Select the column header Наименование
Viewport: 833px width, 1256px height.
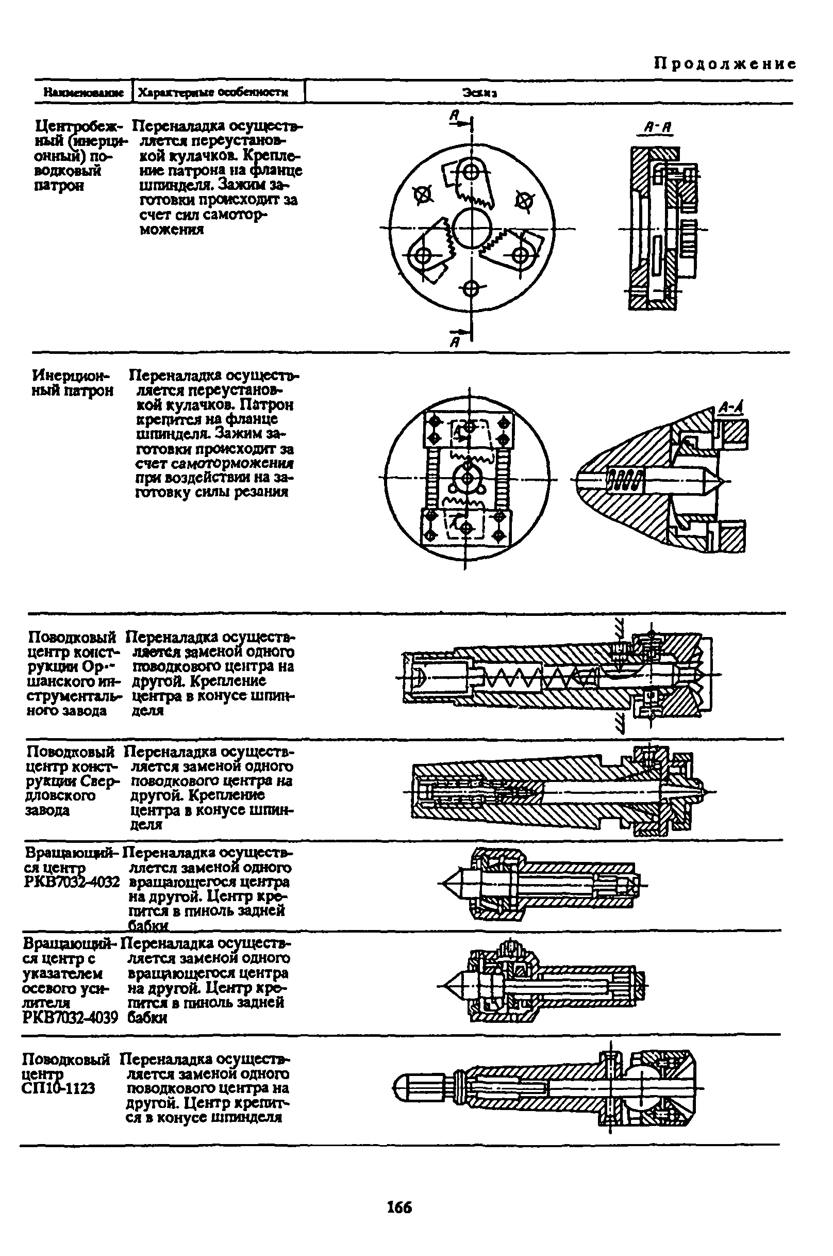(x=84, y=92)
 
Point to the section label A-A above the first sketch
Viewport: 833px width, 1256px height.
(x=658, y=127)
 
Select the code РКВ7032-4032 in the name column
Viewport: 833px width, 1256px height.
(x=71, y=883)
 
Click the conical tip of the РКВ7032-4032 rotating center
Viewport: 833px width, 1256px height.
(x=449, y=884)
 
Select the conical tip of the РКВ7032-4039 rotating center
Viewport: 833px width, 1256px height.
(x=449, y=987)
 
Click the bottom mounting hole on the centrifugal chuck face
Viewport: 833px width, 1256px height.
(x=471, y=289)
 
